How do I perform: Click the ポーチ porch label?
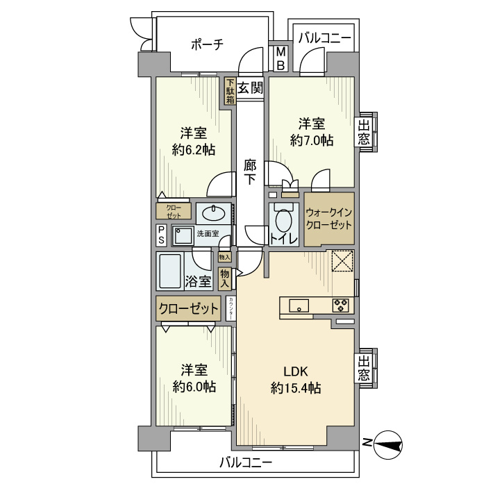pos(207,44)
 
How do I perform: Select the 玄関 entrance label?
pos(251,88)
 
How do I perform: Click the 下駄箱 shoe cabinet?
pos(230,91)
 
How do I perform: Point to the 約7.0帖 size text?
pos(311,140)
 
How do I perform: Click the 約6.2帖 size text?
pos(193,148)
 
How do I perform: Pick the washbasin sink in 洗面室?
pos(215,211)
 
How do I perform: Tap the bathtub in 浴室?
pos(169,271)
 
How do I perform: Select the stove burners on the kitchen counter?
pos(340,304)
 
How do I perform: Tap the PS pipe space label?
pos(160,235)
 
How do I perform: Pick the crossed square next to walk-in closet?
pos(342,262)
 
